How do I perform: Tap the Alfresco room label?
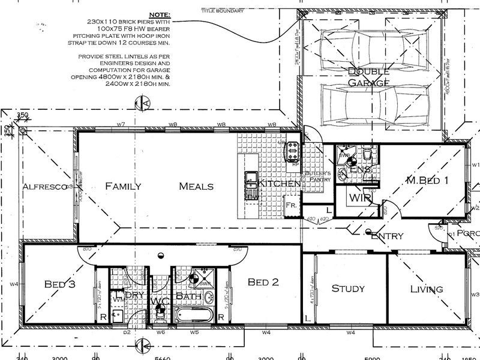(44, 187)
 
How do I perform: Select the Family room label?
(123, 186)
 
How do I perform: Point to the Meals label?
(196, 186)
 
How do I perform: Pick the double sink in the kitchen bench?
(251, 178)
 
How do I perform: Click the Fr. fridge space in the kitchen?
(292, 205)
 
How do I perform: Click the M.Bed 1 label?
(427, 180)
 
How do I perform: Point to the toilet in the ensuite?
(368, 157)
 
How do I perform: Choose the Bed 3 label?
(60, 284)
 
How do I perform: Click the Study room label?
(348, 289)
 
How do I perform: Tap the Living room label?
(426, 289)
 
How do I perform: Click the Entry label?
(387, 236)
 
